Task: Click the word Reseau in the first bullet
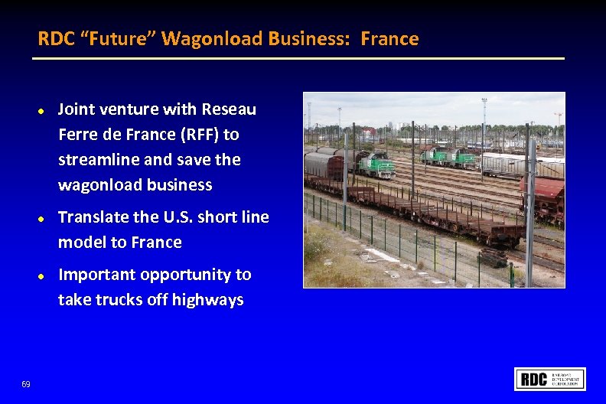pyautogui.click(x=229, y=110)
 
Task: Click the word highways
pyautogui.click(x=207, y=300)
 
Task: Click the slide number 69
pyautogui.click(x=26, y=383)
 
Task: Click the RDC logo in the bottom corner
pyautogui.click(x=550, y=379)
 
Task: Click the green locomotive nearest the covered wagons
pyautogui.click(x=376, y=165)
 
